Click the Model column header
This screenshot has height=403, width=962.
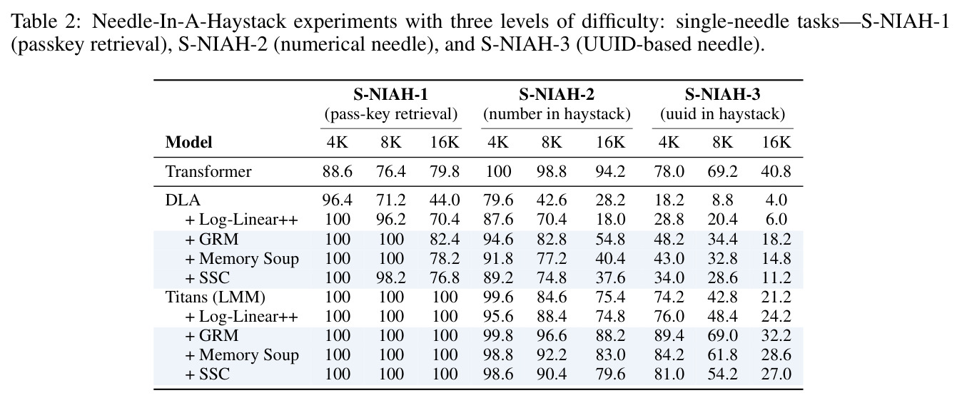click(x=188, y=142)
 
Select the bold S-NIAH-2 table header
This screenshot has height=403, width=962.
click(x=557, y=94)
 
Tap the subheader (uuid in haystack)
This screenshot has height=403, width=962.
click(x=722, y=114)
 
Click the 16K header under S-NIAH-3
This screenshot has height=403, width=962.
click(x=776, y=142)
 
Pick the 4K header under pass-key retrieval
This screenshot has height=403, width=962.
click(x=337, y=142)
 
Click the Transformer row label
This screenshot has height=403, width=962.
click(x=208, y=172)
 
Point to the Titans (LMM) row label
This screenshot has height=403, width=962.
click(x=215, y=297)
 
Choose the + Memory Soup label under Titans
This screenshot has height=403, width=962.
click(x=242, y=355)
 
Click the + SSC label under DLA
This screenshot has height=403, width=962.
click(x=208, y=277)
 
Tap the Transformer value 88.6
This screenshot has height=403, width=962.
click(x=337, y=172)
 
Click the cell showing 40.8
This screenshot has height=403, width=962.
click(x=776, y=172)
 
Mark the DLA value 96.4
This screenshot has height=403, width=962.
click(x=337, y=200)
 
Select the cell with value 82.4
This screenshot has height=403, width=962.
click(x=445, y=239)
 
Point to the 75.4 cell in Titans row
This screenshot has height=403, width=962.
click(x=610, y=297)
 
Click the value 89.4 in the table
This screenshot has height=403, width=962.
click(x=669, y=336)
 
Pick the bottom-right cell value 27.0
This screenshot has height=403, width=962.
click(x=776, y=374)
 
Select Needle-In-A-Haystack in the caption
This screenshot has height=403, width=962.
click(x=188, y=21)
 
